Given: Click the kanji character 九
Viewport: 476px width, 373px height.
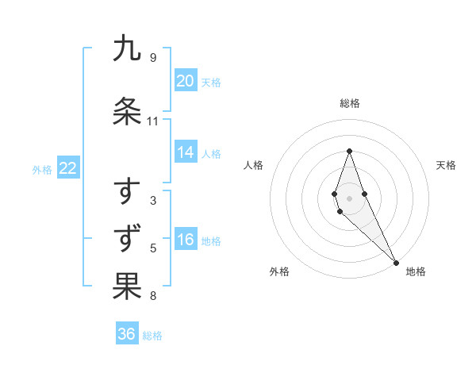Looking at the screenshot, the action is coord(127,48).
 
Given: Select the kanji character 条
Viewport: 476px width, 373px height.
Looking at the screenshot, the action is coord(127,111).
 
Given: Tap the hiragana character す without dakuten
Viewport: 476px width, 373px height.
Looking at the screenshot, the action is coord(127,191).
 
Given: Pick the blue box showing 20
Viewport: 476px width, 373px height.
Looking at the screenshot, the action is coord(186,80).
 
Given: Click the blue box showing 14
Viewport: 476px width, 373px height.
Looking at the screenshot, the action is coord(186,152).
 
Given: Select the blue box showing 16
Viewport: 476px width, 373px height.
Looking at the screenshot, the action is coord(186,240).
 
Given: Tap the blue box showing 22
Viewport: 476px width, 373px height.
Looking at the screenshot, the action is coord(68,168).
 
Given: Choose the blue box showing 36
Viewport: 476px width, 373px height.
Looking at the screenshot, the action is coord(127,334).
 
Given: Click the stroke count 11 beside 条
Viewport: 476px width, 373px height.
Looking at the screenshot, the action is coord(152,121).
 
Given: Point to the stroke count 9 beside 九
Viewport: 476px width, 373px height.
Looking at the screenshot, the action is coord(152,57).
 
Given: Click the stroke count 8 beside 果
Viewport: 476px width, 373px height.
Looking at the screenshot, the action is coord(152,296).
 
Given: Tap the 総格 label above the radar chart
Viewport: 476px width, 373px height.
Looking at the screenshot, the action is coord(349,103).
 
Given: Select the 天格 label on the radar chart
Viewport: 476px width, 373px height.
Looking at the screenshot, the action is coord(446,165).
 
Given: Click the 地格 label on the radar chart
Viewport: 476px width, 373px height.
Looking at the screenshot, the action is coord(416,271).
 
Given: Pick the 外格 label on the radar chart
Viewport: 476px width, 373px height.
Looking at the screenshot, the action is coord(279,271).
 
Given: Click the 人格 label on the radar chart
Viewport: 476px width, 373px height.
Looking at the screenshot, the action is coord(253,165).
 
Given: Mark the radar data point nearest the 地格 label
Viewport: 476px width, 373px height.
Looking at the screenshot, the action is coord(396,262).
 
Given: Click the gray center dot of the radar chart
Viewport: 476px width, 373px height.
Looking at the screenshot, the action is coord(349,198).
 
